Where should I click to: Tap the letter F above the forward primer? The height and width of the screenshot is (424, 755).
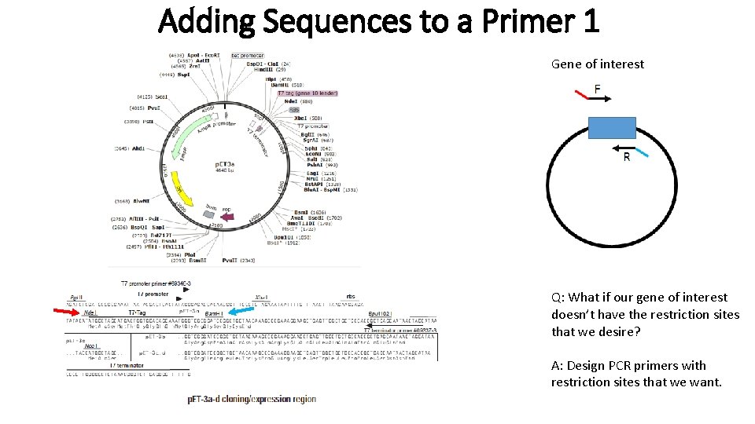[598, 89]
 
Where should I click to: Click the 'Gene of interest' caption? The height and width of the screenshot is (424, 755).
[597, 64]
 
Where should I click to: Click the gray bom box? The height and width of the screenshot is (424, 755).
[209, 213]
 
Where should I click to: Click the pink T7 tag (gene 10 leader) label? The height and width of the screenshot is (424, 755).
[306, 93]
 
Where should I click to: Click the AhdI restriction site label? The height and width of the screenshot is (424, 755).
[138, 148]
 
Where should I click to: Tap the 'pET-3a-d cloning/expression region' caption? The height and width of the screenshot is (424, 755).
[252, 399]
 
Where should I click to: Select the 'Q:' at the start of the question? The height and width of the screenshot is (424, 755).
[557, 298]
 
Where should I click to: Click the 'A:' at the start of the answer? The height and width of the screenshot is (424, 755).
[557, 366]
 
